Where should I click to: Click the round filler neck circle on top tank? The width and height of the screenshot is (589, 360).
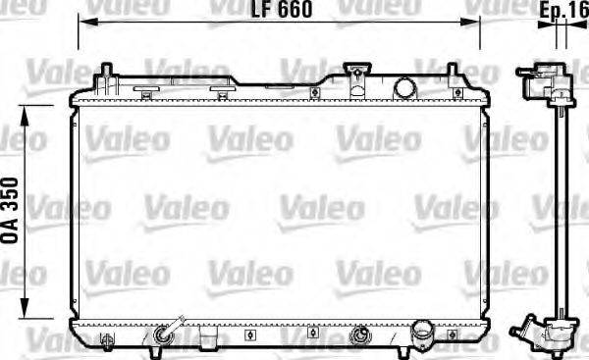(x=405, y=86)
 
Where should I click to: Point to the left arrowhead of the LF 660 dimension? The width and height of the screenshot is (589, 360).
(x=82, y=21)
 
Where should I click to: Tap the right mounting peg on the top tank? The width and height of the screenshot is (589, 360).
(x=453, y=73)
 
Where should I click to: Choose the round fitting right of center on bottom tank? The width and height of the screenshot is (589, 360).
(x=359, y=335)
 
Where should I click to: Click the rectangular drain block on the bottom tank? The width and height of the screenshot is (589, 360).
(x=208, y=338)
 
